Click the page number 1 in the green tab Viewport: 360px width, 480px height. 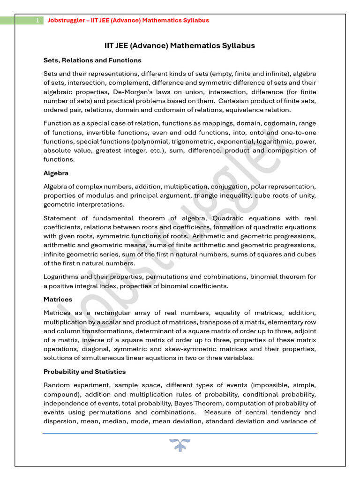[37, 21]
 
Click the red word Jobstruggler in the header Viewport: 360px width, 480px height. [67, 21]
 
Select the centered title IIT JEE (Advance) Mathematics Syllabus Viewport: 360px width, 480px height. [180, 45]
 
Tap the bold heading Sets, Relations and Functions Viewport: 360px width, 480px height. [92, 60]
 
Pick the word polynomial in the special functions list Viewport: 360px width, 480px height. [152, 141]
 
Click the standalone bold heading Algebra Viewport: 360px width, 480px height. [56, 173]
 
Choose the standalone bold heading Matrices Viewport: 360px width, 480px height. [58, 299]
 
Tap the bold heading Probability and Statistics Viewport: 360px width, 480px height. [85, 372]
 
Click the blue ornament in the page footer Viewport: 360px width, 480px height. [180, 444]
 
